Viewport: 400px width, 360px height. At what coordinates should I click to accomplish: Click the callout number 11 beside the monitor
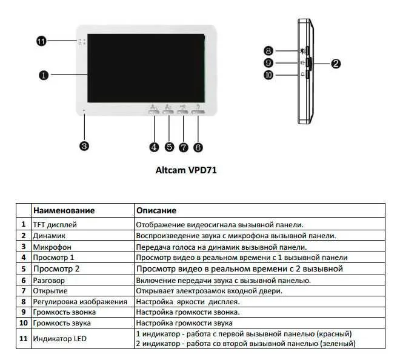41,41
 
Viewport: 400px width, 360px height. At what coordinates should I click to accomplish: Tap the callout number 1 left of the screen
44,75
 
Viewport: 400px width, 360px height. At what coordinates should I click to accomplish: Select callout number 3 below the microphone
84,145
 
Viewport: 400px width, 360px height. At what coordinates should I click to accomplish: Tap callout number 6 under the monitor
198,147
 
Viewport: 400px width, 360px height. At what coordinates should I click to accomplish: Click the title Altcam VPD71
186,170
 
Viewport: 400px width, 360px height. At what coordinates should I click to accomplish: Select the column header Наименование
64,210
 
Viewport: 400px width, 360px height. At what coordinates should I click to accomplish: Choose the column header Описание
156,210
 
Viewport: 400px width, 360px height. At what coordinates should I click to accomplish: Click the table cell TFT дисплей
55,224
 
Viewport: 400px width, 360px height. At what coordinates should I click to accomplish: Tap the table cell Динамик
49,235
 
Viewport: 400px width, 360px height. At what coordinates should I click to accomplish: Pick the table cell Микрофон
52,247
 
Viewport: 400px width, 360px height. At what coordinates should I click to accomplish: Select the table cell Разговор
49,280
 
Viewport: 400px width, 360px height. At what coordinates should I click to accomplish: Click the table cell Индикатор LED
59,339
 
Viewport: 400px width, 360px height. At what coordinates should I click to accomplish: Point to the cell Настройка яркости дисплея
188,301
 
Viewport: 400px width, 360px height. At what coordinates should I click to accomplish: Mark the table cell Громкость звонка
65,312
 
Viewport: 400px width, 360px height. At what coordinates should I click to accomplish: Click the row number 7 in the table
23,291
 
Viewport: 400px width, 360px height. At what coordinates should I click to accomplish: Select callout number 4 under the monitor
154,147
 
